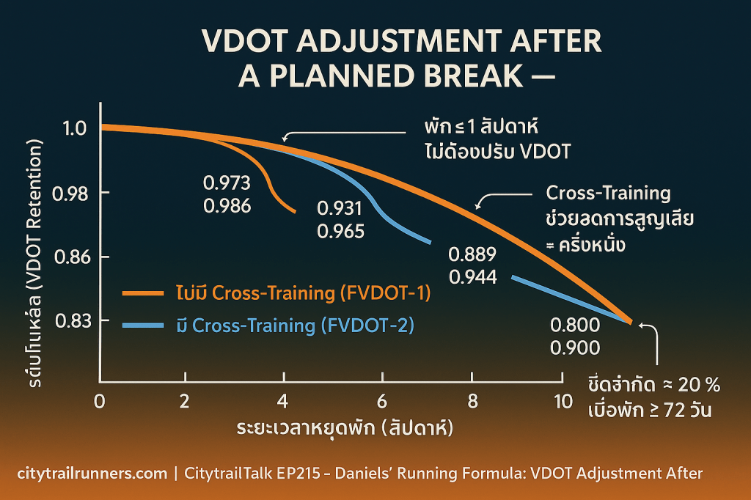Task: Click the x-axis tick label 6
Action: click(x=381, y=402)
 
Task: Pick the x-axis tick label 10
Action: click(x=563, y=402)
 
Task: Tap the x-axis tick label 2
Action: click(x=185, y=402)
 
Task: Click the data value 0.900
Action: click(x=574, y=348)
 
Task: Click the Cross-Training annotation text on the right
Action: click(x=609, y=194)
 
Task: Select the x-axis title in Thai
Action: click(x=344, y=427)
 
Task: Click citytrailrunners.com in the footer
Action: click(x=92, y=474)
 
